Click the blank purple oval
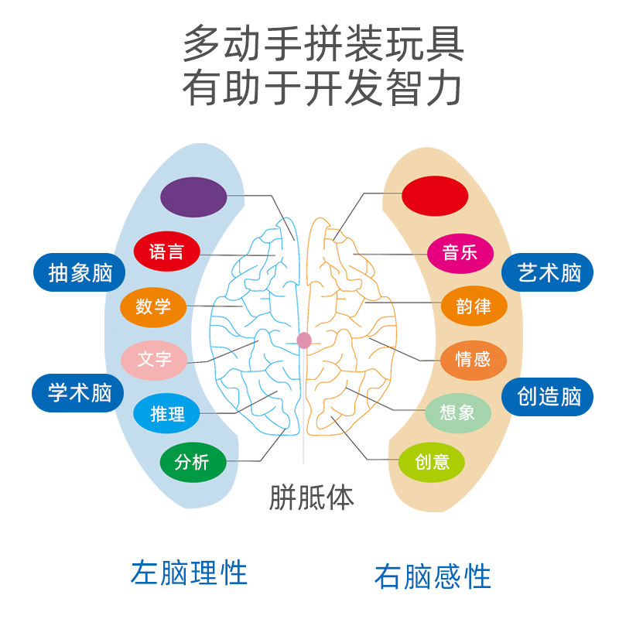point(193,197)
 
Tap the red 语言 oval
point(166,251)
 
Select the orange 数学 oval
point(153,306)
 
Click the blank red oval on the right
point(435,197)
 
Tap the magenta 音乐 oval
point(460,252)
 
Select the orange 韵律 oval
point(474,306)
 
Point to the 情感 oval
point(474,359)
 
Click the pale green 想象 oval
point(458,412)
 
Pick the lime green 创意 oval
point(432,462)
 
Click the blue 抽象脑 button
point(80,273)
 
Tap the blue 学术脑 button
point(80,393)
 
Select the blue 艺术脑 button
point(549,273)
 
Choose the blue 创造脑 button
point(549,396)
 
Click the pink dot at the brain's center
point(304,340)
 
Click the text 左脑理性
point(190,573)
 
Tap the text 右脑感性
point(433,576)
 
